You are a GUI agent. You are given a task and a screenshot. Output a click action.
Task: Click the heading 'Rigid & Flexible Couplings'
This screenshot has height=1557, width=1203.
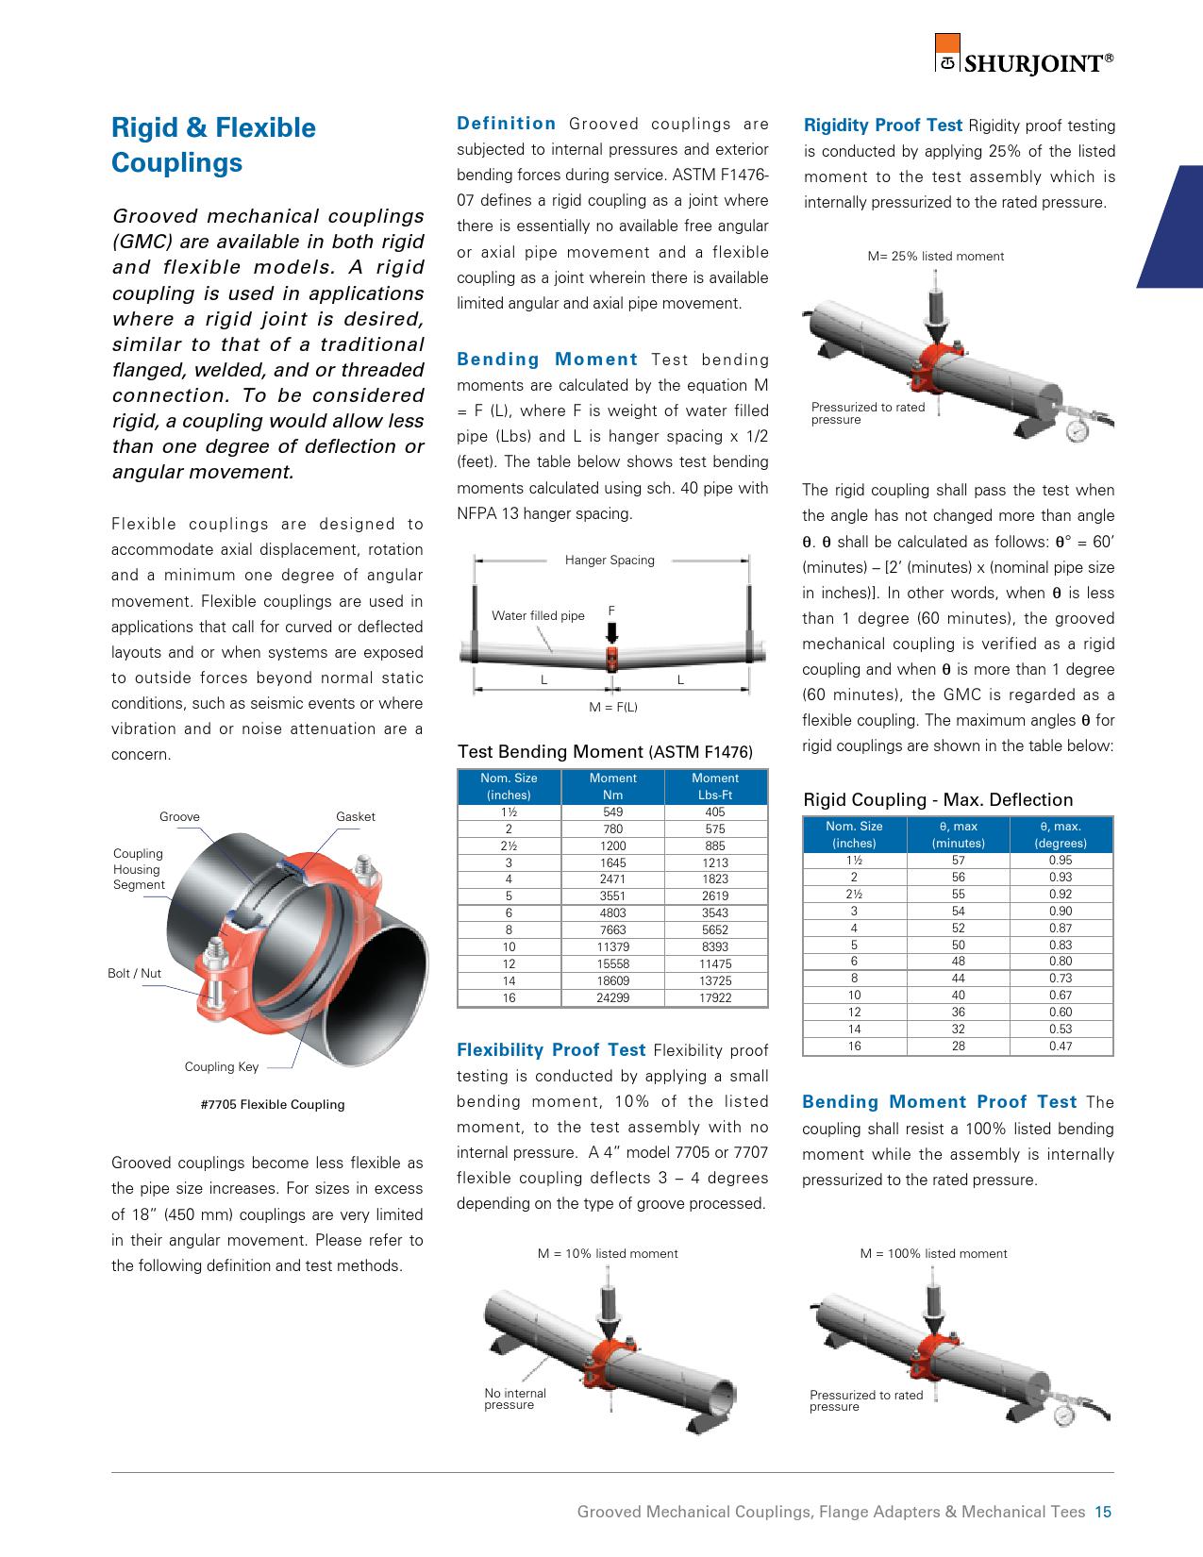(214, 145)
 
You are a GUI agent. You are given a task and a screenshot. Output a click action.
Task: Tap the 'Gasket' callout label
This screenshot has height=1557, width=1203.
(355, 816)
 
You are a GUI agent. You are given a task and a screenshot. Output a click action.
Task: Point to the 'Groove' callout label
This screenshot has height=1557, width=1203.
(179, 816)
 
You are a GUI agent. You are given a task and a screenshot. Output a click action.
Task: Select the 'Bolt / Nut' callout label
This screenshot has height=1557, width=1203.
(134, 973)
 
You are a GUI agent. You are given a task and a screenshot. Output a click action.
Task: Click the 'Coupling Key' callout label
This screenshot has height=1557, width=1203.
(221, 1066)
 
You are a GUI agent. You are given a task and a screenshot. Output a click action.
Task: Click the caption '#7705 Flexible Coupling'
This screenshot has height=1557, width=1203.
(273, 1104)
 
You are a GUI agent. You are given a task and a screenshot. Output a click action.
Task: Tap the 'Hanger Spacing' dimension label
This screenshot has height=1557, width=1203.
(610, 560)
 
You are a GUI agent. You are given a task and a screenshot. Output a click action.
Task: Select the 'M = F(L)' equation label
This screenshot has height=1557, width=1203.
(613, 707)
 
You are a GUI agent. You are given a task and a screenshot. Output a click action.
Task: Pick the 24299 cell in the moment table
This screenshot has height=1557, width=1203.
(612, 997)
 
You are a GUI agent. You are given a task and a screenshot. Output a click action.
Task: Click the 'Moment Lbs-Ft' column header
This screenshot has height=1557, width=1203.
(715, 786)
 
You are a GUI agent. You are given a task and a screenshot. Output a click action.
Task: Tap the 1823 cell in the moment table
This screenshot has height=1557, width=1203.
(715, 879)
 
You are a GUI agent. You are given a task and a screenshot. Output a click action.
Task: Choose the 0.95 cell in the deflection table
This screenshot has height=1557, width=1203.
(1061, 860)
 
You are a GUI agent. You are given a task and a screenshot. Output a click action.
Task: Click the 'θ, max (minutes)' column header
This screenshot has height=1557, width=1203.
(958, 834)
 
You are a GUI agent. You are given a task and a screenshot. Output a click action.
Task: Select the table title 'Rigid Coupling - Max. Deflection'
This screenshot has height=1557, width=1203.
(938, 799)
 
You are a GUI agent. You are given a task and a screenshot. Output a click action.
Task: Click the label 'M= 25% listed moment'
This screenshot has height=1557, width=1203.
(935, 256)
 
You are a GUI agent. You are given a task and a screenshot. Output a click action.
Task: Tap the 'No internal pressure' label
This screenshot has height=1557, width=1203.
(514, 1398)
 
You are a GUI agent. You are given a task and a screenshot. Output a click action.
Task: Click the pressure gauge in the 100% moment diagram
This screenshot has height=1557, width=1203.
(1064, 1416)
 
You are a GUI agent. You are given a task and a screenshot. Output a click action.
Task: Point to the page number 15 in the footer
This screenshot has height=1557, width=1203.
(1103, 1512)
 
